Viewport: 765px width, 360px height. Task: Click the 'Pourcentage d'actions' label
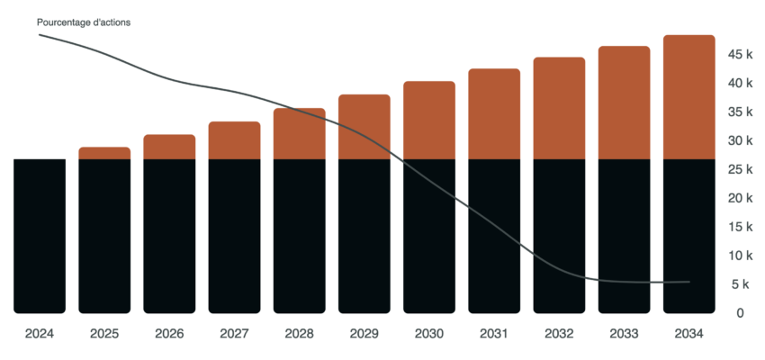point(84,22)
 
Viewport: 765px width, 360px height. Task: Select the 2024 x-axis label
point(40,333)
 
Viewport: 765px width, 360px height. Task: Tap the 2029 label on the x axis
point(364,333)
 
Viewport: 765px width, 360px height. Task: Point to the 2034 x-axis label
point(688,333)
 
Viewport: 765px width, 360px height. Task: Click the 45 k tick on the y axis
point(740,55)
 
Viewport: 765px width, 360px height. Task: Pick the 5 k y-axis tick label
point(740,284)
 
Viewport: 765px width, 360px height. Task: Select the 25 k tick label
point(740,169)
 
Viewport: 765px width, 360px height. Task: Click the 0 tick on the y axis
point(740,313)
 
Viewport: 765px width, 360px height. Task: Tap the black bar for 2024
point(40,236)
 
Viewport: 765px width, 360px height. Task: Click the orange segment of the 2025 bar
point(104,153)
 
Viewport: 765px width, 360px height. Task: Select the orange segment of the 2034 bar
point(688,97)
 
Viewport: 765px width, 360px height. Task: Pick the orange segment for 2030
point(429,121)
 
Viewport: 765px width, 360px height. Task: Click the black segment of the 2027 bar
point(234,236)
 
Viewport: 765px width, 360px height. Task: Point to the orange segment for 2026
point(169,147)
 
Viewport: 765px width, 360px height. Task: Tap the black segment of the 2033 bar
point(624,236)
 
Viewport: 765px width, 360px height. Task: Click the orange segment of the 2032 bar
point(559,109)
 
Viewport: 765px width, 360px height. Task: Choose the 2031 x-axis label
point(494,333)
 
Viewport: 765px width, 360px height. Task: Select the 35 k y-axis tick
point(740,112)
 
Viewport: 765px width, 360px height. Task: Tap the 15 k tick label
point(740,227)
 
